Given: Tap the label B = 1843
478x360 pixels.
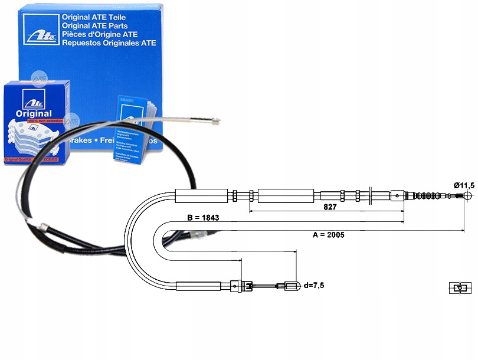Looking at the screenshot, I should point(204,218).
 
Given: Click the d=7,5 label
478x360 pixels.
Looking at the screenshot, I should point(313,286).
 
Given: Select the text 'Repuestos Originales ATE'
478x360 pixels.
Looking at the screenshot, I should point(109,42).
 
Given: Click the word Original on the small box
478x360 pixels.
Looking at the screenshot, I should point(34,113).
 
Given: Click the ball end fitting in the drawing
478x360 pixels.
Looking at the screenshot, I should point(467,196).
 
